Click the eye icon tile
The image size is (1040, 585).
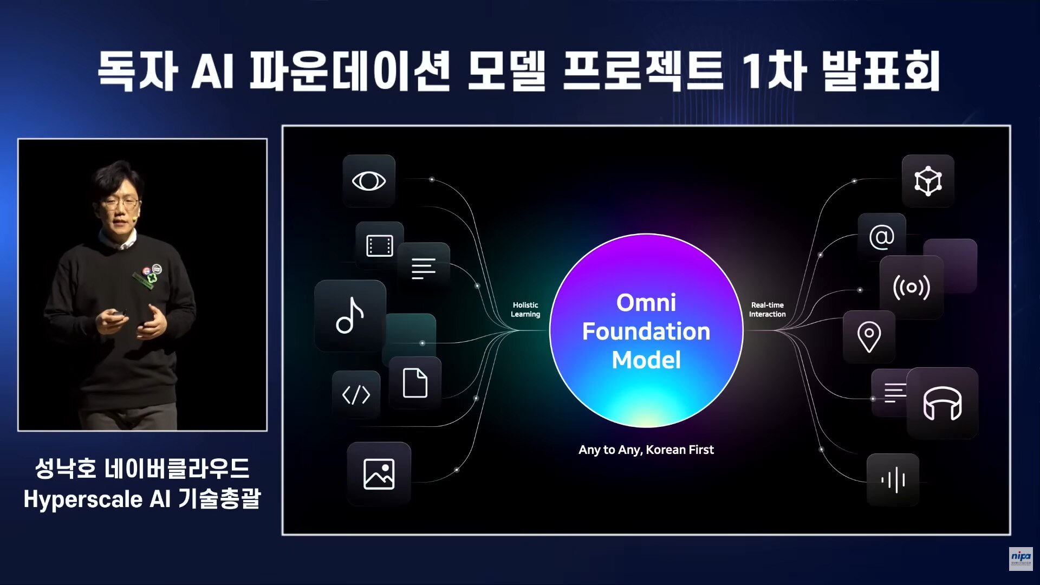[369, 181]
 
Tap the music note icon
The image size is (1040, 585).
[350, 315]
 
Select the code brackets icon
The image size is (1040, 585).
[356, 395]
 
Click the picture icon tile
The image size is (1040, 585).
[379, 474]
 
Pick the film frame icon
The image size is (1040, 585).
[380, 246]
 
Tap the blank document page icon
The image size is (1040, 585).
[415, 383]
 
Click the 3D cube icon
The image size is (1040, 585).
[928, 181]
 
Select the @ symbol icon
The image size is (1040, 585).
[881, 237]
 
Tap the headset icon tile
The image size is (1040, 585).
[942, 403]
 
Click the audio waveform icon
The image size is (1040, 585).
[893, 480]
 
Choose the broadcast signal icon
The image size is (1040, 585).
[911, 287]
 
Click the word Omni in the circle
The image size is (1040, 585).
[646, 303]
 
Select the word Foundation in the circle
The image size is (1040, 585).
[646, 331]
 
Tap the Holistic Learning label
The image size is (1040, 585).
[525, 309]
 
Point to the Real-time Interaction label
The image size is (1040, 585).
[767, 309]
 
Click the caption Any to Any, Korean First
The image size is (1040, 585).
[646, 450]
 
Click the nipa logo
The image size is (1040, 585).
[1020, 558]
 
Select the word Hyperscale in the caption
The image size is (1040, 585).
[83, 499]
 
